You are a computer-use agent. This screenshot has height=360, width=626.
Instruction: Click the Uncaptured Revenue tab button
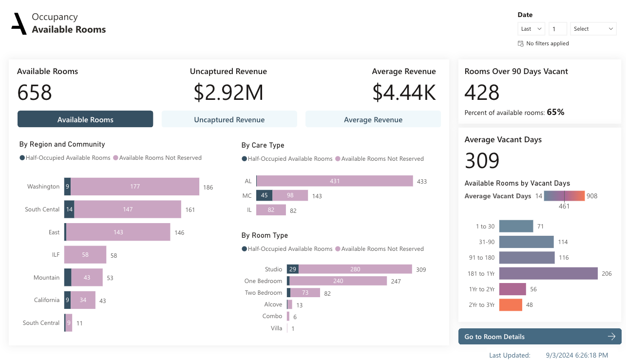point(229,119)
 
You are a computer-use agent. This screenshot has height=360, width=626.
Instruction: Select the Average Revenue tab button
point(373,119)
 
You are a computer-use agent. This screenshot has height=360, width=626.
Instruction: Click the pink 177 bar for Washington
point(135,187)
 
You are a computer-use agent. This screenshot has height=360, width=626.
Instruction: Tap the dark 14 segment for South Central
point(69,209)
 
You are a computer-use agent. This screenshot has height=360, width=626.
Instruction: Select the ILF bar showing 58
point(85,255)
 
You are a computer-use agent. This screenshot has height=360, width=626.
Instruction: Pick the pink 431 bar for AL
point(334,181)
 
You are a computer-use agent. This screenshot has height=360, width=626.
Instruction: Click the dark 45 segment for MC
point(264,196)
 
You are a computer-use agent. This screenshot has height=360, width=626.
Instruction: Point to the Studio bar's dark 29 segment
point(292,269)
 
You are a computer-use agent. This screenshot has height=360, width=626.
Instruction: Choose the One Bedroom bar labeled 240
point(338,281)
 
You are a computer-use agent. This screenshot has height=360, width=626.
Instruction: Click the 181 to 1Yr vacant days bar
point(548,273)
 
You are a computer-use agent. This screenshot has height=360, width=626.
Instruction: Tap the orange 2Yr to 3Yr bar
point(511,305)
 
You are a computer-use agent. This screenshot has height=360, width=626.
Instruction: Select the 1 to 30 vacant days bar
point(516,226)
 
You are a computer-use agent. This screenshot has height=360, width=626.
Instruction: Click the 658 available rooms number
point(35,93)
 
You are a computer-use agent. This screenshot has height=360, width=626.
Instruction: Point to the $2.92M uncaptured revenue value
point(228,93)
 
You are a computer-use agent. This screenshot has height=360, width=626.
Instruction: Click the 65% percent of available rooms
point(555,113)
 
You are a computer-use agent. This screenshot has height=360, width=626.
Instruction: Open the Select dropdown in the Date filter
point(593,29)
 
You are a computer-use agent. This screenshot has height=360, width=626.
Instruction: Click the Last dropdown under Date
point(531,29)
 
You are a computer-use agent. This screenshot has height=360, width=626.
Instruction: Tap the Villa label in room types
point(276,328)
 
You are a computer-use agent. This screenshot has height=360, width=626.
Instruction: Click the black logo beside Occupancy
point(19,24)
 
